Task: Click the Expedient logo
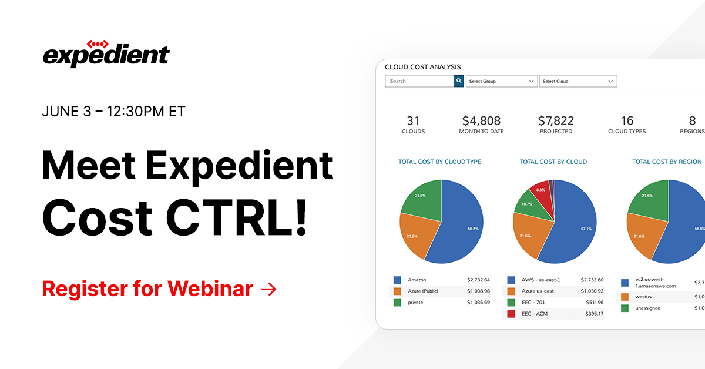(x=106, y=53)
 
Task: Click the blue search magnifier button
(x=459, y=81)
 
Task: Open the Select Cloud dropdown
(x=578, y=81)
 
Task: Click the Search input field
(x=419, y=81)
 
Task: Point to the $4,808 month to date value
(x=481, y=121)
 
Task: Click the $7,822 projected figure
(x=556, y=121)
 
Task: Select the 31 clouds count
(x=413, y=121)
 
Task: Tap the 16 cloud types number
(x=627, y=121)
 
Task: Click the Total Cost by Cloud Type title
(x=439, y=162)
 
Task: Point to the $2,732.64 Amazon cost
(x=478, y=280)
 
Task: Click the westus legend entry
(x=643, y=297)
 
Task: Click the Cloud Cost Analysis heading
(x=422, y=67)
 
